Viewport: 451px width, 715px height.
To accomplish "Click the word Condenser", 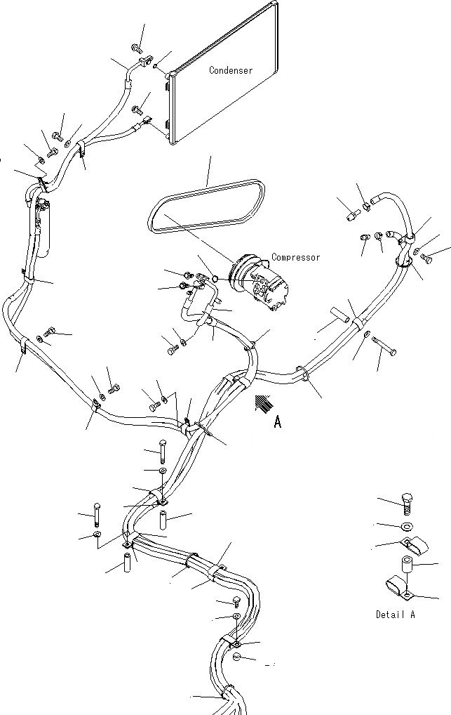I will (x=231, y=70).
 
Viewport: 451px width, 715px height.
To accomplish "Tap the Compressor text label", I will (x=296, y=258).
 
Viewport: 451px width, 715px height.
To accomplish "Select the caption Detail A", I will (x=395, y=615).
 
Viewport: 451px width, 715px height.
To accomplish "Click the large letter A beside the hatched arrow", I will (x=278, y=422).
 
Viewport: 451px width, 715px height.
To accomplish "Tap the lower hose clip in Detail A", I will (x=398, y=586).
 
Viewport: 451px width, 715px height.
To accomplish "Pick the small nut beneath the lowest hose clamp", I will (x=237, y=658).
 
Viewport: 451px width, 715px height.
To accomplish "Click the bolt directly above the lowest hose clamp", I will (x=237, y=601).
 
